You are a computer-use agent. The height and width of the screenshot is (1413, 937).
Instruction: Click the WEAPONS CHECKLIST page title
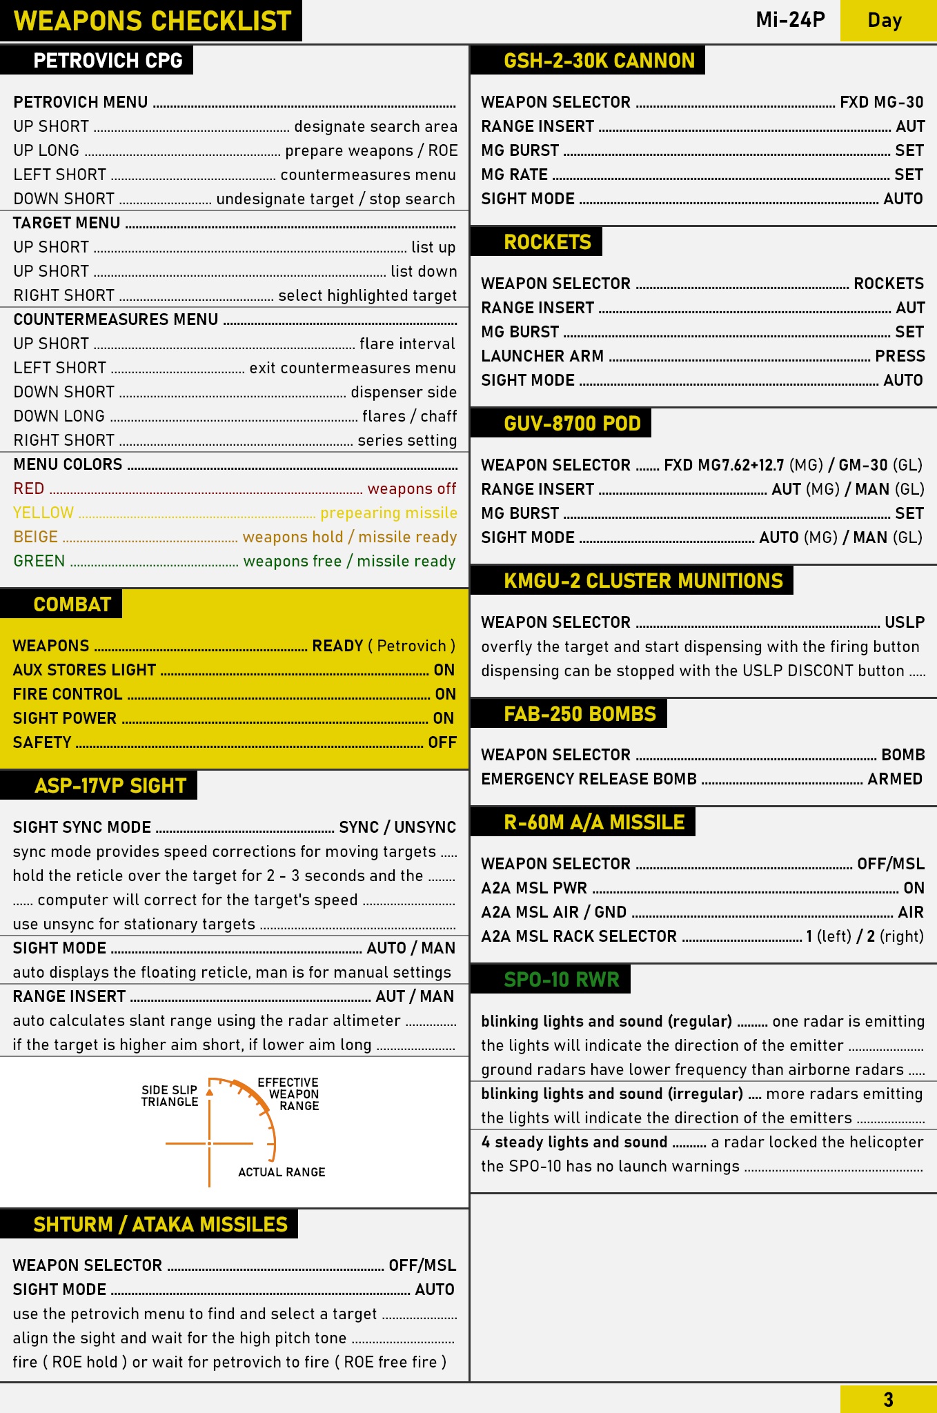click(152, 21)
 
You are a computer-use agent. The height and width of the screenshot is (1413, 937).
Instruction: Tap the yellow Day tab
click(885, 20)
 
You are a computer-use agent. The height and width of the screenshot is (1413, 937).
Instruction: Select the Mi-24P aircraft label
click(790, 19)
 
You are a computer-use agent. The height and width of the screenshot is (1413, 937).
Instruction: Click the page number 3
click(888, 1399)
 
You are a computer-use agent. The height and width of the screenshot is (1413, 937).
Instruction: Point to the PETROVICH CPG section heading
click(108, 61)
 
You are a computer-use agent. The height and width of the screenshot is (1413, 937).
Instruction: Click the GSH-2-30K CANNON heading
click(599, 61)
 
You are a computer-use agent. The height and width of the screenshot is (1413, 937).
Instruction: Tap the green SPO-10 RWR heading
click(561, 980)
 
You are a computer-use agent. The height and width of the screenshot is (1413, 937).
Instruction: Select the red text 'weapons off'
click(411, 488)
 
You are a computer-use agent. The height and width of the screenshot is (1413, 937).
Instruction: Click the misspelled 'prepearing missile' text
click(388, 513)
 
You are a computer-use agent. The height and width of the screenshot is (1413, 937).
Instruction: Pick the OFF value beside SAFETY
click(442, 742)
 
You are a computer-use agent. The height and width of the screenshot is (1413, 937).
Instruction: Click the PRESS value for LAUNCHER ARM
click(900, 356)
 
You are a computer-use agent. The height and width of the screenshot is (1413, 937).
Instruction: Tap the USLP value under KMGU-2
click(904, 622)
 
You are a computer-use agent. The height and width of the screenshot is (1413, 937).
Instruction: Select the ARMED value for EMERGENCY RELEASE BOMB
click(895, 779)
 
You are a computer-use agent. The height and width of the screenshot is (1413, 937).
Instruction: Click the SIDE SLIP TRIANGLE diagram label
click(170, 1096)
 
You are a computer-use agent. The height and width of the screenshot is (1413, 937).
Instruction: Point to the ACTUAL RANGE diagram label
click(282, 1172)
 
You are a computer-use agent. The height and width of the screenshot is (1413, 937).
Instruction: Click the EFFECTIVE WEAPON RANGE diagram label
click(289, 1094)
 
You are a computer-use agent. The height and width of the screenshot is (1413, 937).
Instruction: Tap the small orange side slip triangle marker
click(210, 1092)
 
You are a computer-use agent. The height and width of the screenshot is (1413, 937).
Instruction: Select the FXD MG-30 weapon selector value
click(881, 102)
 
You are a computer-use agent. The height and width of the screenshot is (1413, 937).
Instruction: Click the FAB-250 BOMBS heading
click(580, 714)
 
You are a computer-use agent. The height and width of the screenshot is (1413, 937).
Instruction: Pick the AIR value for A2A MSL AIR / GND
click(910, 912)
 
